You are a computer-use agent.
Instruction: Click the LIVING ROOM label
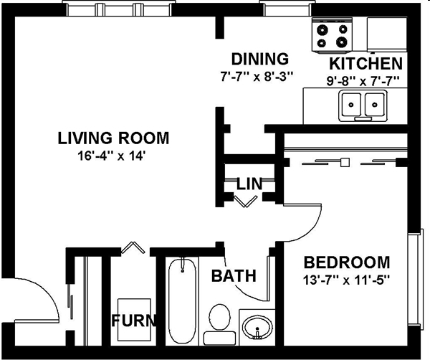[113, 138]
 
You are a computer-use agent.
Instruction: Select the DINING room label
[259, 59]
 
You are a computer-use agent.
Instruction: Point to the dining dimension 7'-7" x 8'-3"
[259, 75]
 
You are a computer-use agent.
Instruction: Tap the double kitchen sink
[362, 105]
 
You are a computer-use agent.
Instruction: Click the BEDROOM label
[346, 262]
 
